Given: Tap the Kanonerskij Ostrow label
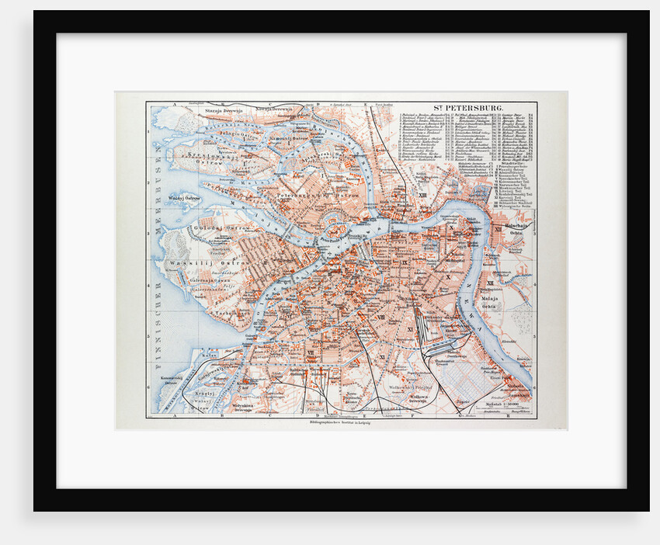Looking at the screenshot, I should [175, 380].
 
